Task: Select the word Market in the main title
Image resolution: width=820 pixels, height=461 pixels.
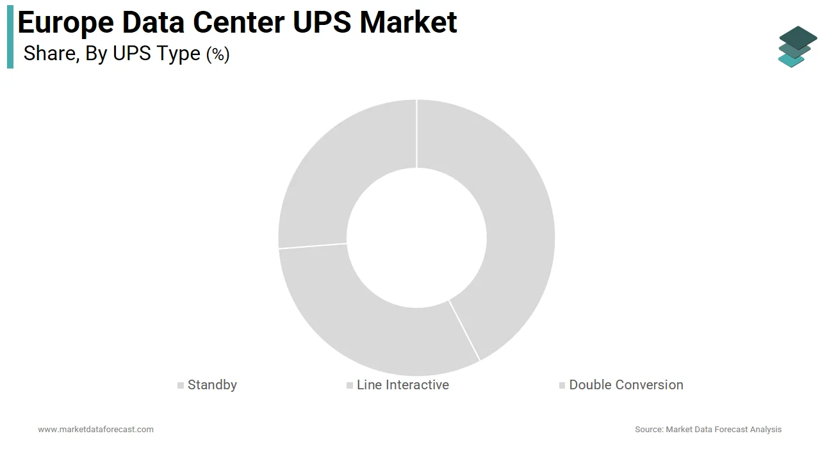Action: point(408,22)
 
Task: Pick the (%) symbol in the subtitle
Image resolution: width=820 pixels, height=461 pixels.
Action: point(218,54)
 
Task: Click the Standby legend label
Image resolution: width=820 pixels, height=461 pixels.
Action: point(212,385)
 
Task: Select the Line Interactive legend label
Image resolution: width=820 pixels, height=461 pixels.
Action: point(402,385)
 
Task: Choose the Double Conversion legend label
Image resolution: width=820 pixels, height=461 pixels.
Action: point(626,385)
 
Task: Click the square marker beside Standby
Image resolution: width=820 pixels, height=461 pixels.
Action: point(181,385)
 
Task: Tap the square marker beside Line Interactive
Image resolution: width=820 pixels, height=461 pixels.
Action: point(350,385)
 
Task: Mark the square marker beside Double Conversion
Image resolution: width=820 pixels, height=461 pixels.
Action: point(562,385)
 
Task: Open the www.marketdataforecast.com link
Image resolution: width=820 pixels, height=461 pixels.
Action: point(95,430)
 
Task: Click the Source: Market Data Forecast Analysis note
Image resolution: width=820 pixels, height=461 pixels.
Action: point(708,430)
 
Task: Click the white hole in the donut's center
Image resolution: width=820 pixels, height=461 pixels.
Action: point(416,237)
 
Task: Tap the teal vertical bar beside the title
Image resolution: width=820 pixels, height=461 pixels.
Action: point(10,40)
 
